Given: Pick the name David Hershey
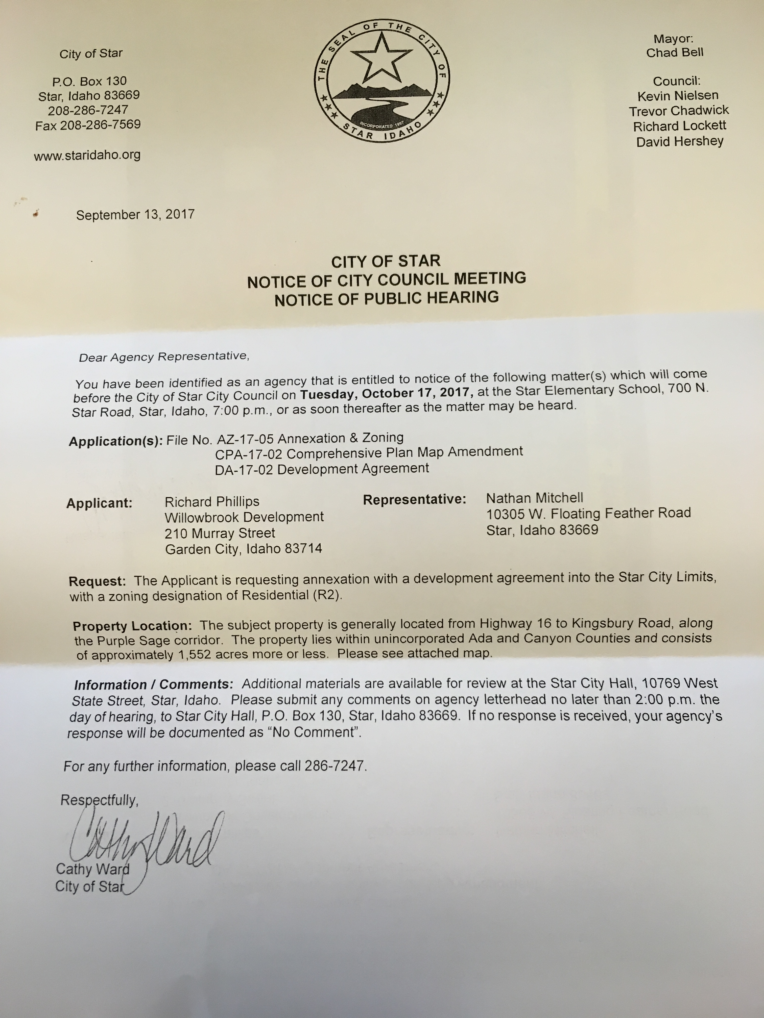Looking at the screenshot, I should coord(680,141).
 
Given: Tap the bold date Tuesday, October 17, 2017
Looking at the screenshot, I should coord(387,393).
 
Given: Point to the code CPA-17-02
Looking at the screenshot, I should coord(249,454).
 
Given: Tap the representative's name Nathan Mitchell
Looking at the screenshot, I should coord(535,498).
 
